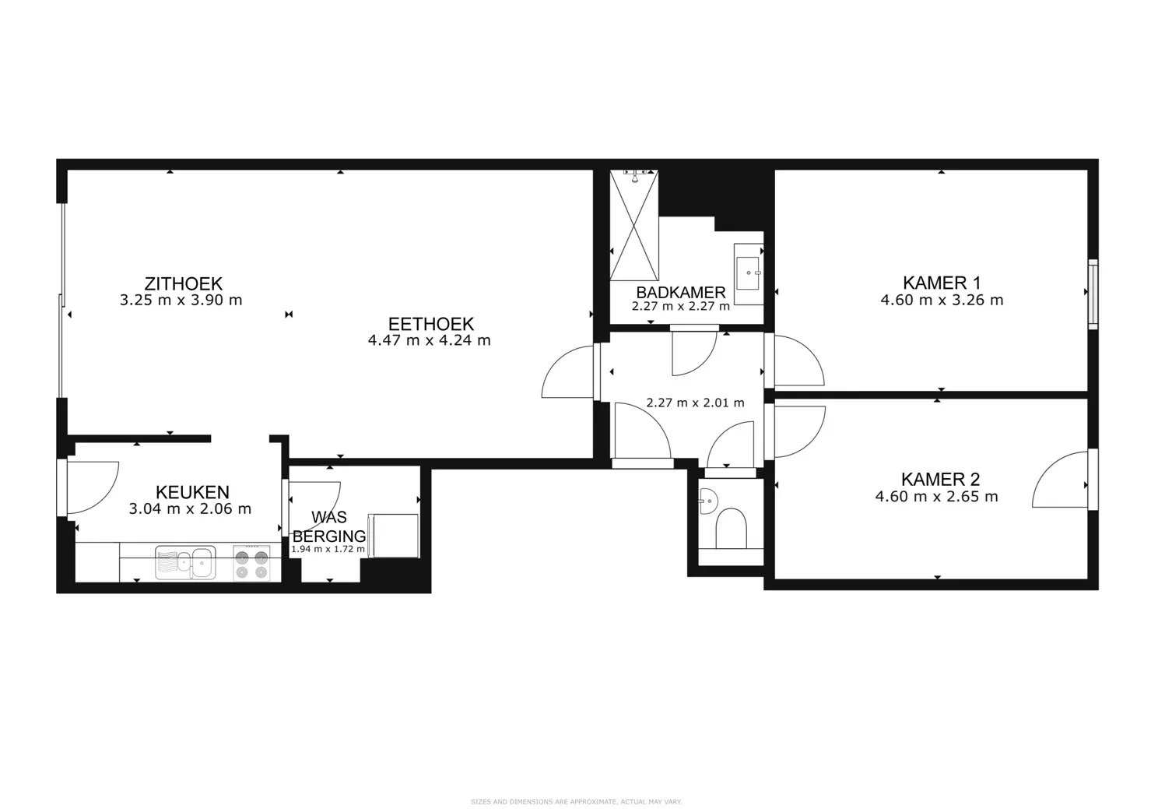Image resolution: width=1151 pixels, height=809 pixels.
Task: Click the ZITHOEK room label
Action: [183, 283]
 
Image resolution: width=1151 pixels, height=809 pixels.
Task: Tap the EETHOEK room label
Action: [430, 324]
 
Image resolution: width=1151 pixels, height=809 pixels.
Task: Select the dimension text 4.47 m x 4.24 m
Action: [429, 340]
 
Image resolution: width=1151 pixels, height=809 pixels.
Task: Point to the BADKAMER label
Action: [680, 292]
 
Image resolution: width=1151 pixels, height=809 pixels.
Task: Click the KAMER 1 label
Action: [941, 283]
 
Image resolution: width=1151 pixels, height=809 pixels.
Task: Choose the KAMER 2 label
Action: [940, 480]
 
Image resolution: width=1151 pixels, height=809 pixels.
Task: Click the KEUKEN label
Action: [192, 492]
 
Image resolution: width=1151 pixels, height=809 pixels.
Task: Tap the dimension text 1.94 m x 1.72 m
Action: [328, 550]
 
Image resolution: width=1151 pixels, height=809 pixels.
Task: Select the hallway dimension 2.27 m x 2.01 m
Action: [695, 403]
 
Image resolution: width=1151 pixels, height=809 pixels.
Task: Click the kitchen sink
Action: [184, 562]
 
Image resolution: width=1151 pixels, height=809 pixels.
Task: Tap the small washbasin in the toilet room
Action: [707, 501]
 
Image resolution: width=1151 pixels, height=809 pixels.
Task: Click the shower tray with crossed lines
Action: [634, 226]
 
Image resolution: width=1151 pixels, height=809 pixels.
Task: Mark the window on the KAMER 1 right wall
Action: [1093, 293]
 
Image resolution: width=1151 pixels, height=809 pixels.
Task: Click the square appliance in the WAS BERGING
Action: [394, 535]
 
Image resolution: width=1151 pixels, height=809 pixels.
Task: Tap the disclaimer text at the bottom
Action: [576, 801]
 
